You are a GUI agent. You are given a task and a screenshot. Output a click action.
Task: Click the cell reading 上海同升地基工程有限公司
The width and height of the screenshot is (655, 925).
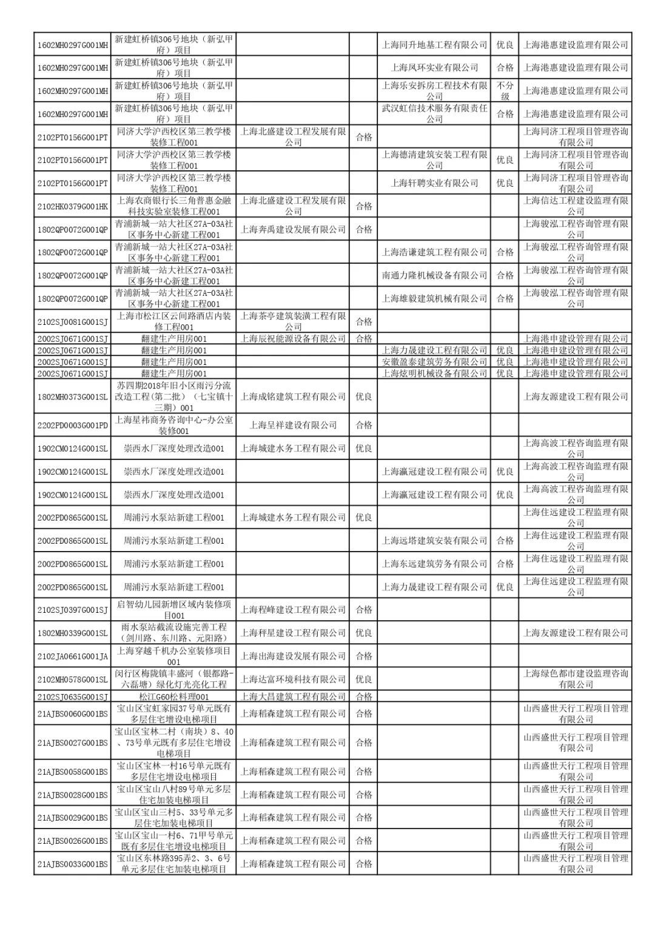click(434, 45)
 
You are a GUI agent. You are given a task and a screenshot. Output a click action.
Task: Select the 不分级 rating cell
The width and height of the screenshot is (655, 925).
click(505, 91)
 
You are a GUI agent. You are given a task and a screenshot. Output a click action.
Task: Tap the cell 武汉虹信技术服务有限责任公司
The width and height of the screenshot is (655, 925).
click(434, 114)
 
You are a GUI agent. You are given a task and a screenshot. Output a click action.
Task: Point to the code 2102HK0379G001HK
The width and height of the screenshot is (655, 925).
click(73, 206)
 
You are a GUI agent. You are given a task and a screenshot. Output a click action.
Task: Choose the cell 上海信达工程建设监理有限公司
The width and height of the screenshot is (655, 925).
click(576, 206)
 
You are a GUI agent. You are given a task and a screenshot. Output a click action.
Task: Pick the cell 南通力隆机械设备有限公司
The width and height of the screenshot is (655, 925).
click(434, 275)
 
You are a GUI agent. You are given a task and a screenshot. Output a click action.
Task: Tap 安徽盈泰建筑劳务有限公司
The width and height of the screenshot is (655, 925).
click(434, 362)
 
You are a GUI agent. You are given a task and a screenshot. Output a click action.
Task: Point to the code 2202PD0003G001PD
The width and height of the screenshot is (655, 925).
click(73, 426)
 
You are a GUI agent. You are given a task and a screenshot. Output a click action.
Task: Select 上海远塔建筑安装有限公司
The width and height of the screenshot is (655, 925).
click(434, 541)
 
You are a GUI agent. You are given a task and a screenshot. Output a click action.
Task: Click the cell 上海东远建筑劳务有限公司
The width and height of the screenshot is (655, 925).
click(434, 564)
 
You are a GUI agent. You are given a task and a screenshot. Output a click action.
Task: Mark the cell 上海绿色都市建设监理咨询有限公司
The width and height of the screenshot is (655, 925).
click(576, 680)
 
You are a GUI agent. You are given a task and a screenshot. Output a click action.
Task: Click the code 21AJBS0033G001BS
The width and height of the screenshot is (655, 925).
click(73, 864)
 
